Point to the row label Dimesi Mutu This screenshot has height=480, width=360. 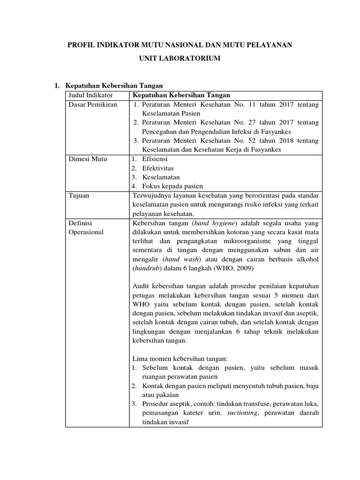88,159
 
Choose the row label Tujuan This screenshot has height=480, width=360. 78,195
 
